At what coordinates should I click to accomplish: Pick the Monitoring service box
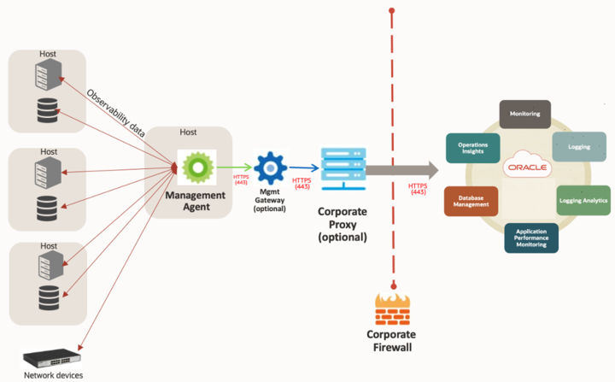[524, 114]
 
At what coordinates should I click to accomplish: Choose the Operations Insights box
[472, 147]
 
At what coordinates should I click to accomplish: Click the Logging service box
[578, 147]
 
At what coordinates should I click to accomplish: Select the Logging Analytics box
[583, 200]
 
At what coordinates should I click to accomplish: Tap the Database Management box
[471, 200]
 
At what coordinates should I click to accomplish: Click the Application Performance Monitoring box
[531, 238]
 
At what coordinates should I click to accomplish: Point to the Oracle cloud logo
[527, 167]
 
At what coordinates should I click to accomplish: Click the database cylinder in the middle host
[48, 207]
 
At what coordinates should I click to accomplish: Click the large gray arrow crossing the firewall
[401, 170]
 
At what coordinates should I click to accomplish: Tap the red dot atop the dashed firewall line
[391, 11]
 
